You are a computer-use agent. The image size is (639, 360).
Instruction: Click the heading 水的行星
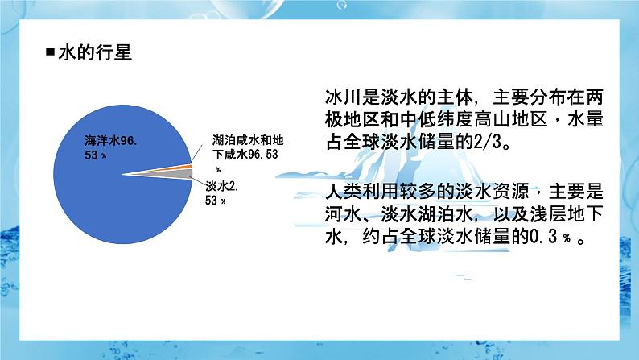[x=96, y=54]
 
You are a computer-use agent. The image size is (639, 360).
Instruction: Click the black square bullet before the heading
[x=51, y=54]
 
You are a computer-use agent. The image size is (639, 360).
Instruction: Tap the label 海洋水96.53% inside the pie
[x=113, y=147]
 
